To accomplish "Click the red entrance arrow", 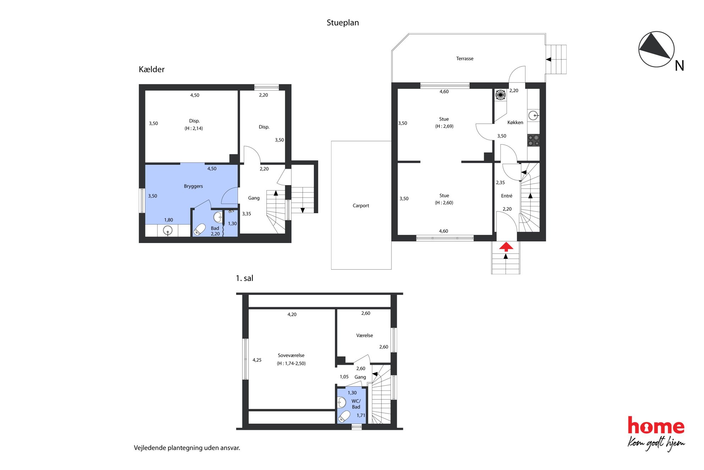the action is [x=506, y=247].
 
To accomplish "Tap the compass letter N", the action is [x=679, y=66].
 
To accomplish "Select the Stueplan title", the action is [x=343, y=23].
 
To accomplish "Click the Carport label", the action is [x=361, y=205].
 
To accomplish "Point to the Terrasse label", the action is [x=465, y=58].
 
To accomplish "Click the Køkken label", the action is [x=515, y=122].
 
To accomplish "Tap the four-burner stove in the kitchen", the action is [x=533, y=140].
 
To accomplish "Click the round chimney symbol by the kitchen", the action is [x=500, y=95].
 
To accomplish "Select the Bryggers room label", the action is [x=193, y=186].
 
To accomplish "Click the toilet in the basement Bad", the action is [x=200, y=229].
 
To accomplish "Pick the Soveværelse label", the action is [x=291, y=355].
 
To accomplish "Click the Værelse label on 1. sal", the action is [x=364, y=335].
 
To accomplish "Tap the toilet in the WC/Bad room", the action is [x=344, y=416].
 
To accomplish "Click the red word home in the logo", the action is [x=656, y=426].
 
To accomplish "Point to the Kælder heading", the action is [x=152, y=69].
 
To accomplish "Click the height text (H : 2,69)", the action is [x=444, y=126].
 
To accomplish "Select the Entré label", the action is [x=507, y=196].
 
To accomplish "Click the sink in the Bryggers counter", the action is [x=167, y=231].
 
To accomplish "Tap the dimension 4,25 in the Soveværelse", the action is [x=257, y=360].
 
